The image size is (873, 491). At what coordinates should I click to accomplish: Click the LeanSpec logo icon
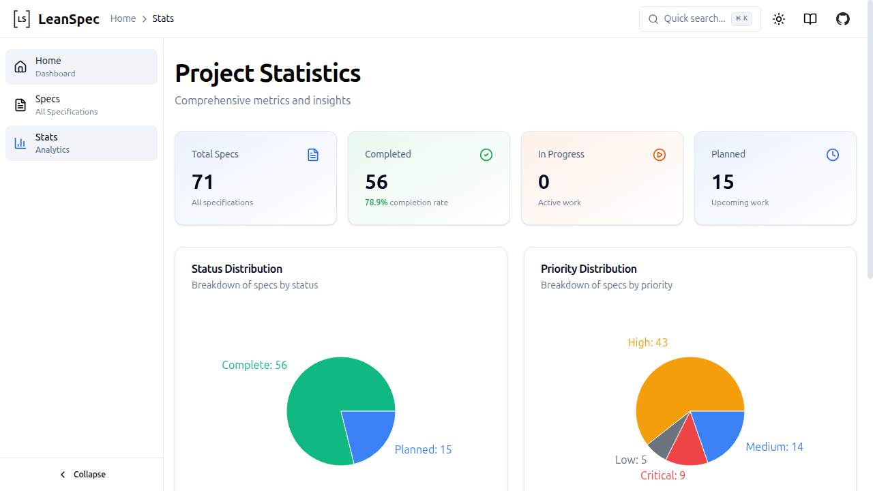point(22,19)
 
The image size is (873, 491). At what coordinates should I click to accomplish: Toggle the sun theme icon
point(779,19)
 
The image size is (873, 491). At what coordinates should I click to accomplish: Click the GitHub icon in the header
point(843,19)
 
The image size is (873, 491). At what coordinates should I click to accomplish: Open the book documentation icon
point(810,19)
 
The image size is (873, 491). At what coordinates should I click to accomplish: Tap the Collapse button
point(82,474)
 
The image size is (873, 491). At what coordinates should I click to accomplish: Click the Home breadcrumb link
point(123,18)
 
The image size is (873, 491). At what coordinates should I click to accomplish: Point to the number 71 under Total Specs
point(203,182)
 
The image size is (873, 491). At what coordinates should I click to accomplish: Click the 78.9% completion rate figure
point(376,203)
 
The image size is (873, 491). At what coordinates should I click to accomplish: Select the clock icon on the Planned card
point(832,155)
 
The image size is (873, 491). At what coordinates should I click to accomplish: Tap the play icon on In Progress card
point(659,155)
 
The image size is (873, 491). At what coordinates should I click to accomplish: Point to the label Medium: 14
point(774,447)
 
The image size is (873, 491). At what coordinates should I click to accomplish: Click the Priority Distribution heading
point(589,269)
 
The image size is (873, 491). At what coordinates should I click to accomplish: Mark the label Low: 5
point(631,460)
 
